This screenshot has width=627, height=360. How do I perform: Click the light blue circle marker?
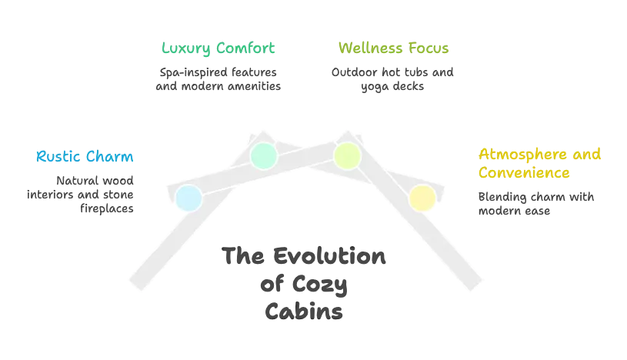(x=188, y=198)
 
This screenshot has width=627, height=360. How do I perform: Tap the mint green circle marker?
(x=264, y=155)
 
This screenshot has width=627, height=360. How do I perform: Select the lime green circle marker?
(x=347, y=155)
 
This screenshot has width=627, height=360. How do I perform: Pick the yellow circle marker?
(x=422, y=198)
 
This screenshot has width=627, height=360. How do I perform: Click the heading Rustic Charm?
(x=85, y=156)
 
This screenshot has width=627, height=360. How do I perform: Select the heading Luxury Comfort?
(x=218, y=48)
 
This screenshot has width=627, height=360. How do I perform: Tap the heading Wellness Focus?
(x=393, y=48)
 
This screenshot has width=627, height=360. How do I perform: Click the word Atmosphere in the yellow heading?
(x=522, y=155)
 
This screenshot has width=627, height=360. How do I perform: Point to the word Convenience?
(x=524, y=173)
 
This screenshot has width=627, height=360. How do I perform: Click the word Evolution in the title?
(x=329, y=256)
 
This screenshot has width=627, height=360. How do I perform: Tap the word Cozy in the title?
(x=319, y=285)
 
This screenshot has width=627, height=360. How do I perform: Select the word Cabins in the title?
(x=304, y=312)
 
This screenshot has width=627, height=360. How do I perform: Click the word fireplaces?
(x=107, y=208)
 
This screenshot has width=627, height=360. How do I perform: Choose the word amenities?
(x=255, y=86)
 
